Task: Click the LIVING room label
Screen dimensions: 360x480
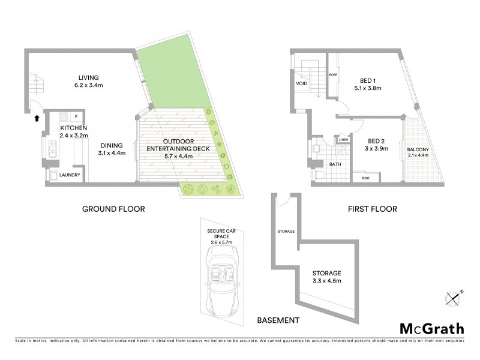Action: (x=88, y=77)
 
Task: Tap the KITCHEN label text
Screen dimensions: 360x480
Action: (x=74, y=128)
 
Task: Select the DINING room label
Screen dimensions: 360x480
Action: (x=112, y=145)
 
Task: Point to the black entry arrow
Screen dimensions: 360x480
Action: (x=37, y=118)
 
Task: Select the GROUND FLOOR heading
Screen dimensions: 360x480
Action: (x=114, y=209)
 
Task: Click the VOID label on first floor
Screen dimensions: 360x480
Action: (x=301, y=84)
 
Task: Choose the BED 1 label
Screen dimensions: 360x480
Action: (x=368, y=80)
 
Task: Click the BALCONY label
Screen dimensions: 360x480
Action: (x=417, y=149)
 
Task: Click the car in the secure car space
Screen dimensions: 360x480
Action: (x=220, y=283)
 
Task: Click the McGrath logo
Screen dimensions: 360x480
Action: (x=431, y=328)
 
